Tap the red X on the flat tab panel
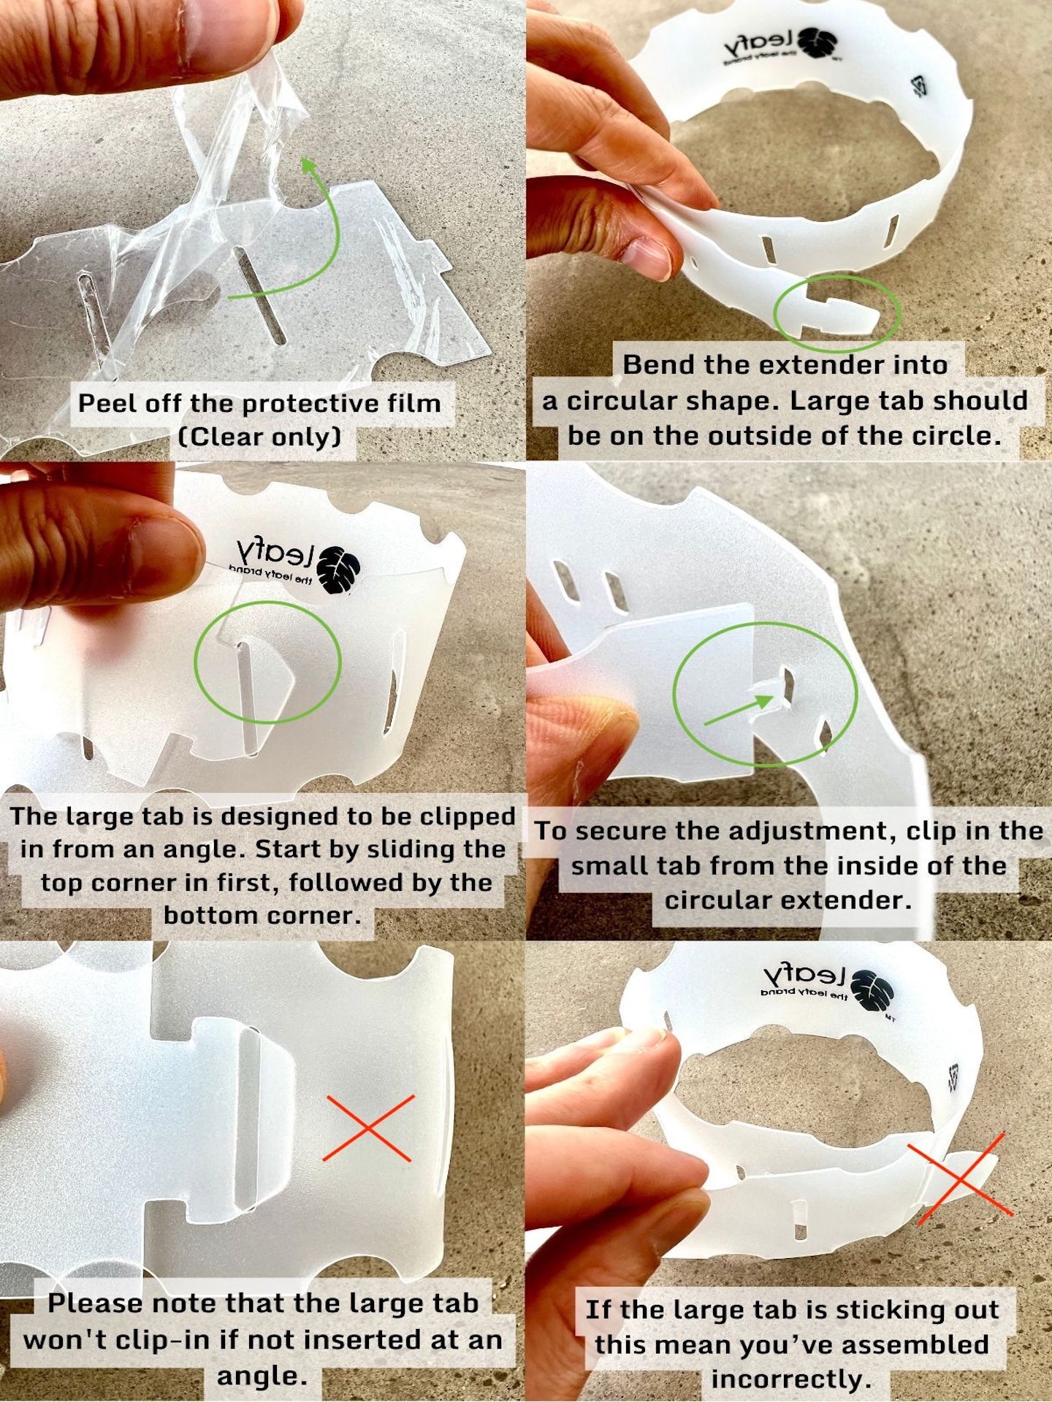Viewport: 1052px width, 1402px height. tap(368, 1128)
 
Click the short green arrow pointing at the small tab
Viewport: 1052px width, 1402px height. tap(739, 709)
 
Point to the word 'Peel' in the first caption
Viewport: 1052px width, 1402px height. tap(105, 403)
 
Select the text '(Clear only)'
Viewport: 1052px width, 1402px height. tap(259, 437)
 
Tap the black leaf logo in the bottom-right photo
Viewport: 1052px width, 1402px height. tap(872, 989)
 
